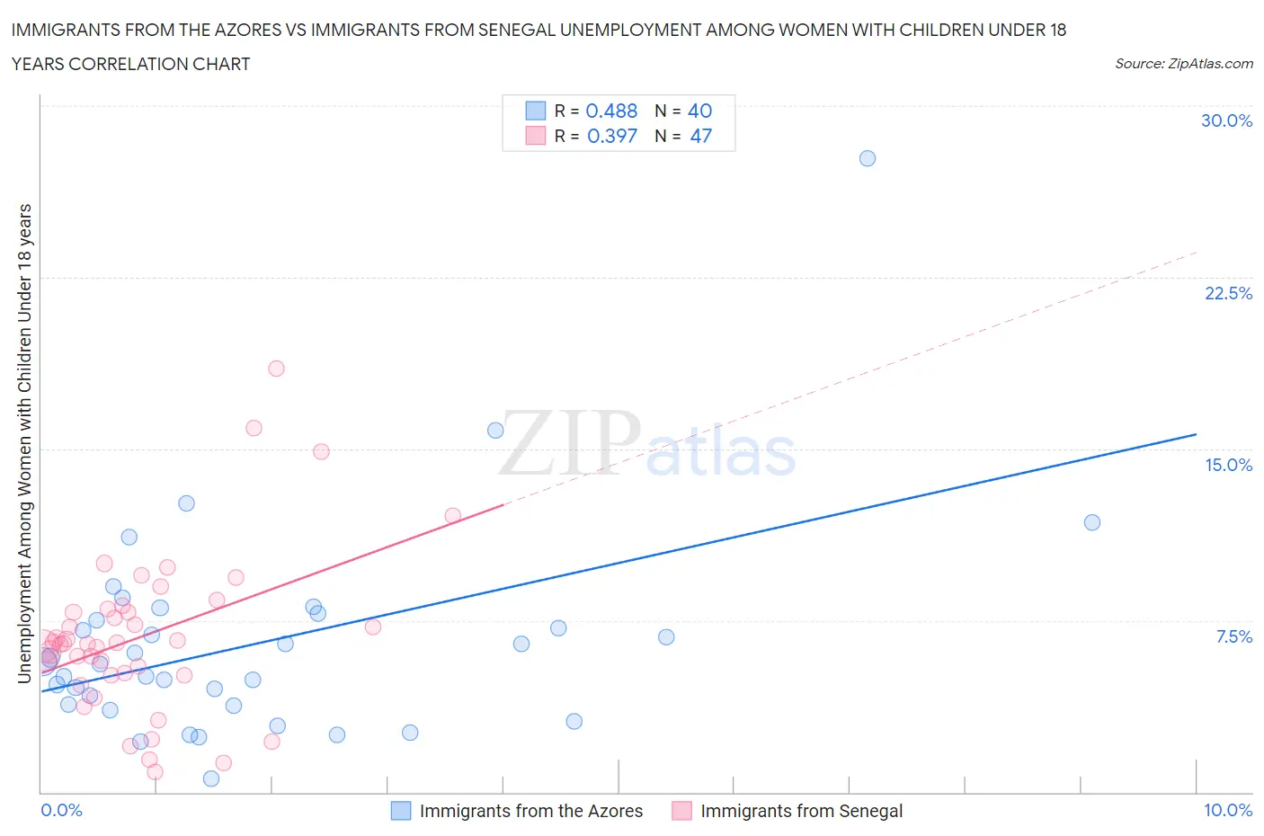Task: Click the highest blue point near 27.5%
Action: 867,158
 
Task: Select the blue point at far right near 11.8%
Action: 1091,522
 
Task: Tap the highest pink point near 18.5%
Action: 276,369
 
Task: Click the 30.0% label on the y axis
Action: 1226,120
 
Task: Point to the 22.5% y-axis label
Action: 1228,293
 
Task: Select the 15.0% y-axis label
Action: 1228,465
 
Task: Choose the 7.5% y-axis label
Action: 1233,636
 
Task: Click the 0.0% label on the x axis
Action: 61,810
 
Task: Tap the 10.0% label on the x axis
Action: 1228,810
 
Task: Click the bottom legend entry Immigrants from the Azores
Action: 530,811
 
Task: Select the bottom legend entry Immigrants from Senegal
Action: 801,811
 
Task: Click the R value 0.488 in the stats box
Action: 611,111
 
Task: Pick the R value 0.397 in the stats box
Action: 611,136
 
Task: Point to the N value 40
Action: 699,111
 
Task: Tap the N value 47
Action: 700,136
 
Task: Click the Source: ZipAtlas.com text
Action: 1183,63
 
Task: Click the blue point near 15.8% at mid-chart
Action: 495,430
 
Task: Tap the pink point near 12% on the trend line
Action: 452,515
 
